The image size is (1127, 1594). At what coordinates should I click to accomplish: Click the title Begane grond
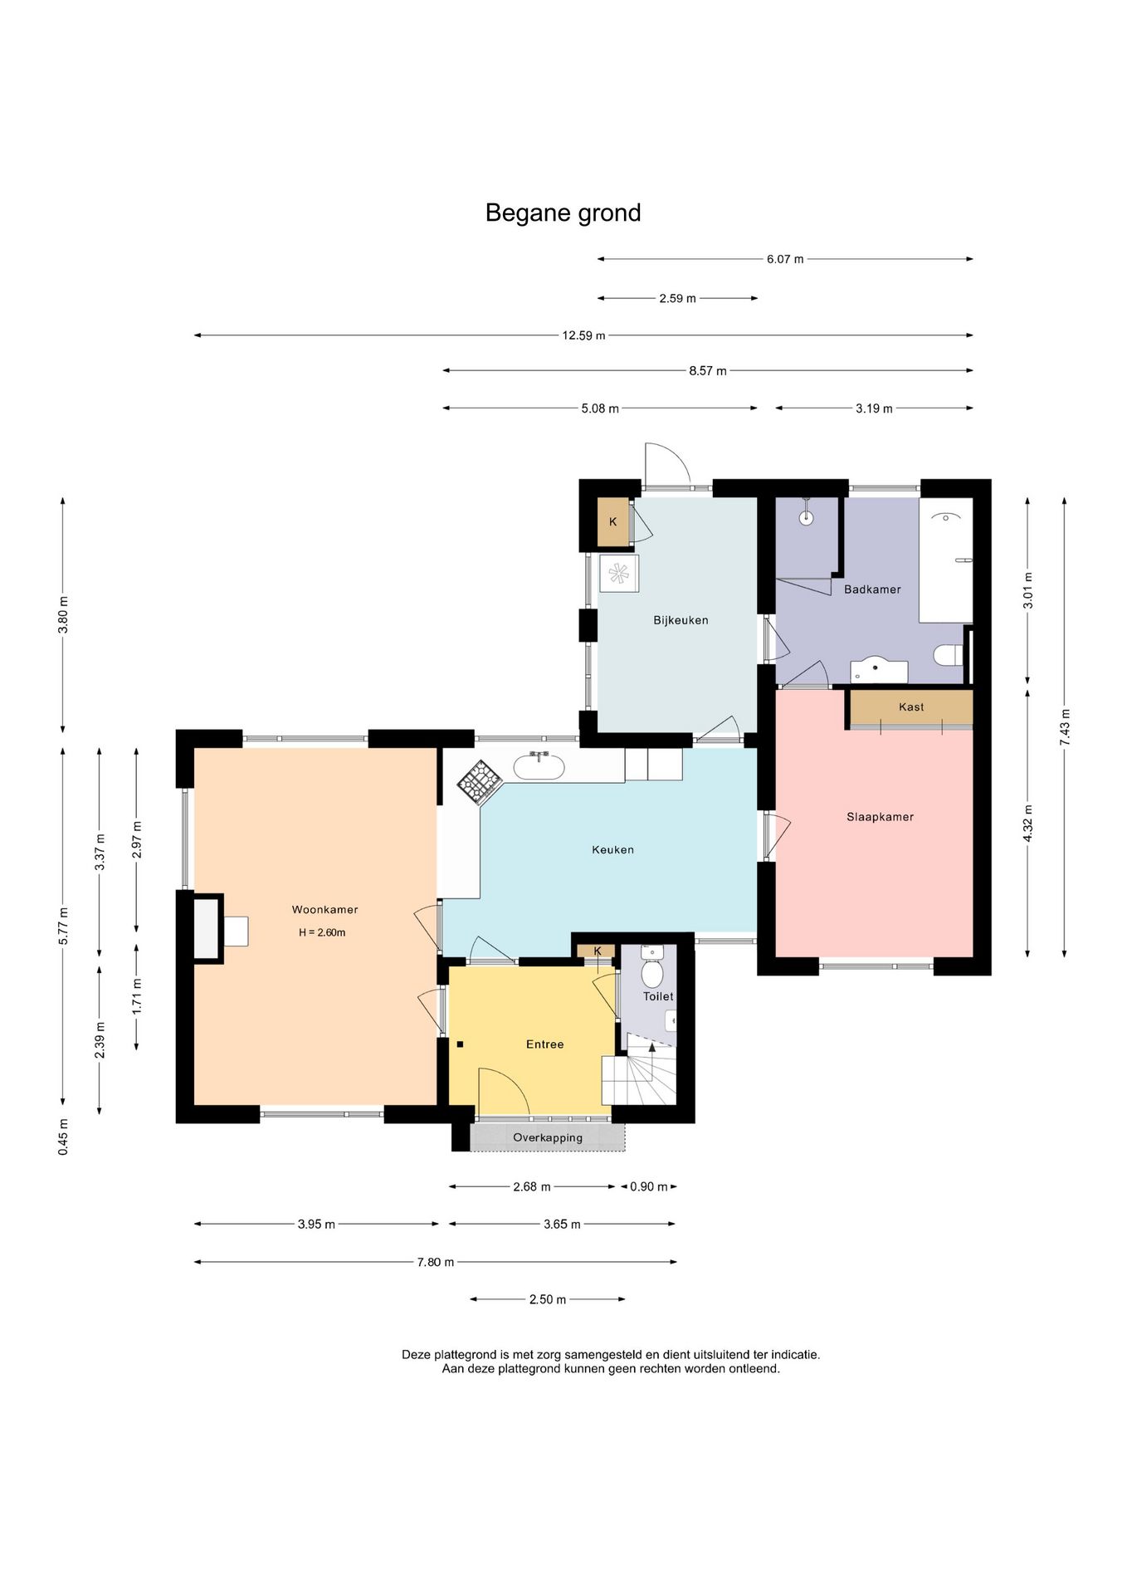pyautogui.click(x=563, y=213)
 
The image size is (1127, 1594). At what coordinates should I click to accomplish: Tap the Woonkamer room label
pyautogui.click(x=324, y=910)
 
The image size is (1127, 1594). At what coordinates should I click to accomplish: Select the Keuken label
pyautogui.click(x=612, y=849)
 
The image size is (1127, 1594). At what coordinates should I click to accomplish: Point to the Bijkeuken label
pyautogui.click(x=681, y=620)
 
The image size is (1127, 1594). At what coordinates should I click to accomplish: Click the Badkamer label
pyautogui.click(x=872, y=589)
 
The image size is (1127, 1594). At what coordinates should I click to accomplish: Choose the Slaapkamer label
pyautogui.click(x=880, y=817)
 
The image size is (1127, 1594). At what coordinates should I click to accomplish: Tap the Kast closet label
pyautogui.click(x=911, y=707)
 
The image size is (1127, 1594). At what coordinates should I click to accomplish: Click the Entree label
pyautogui.click(x=544, y=1044)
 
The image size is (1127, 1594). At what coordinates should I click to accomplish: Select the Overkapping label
pyautogui.click(x=548, y=1138)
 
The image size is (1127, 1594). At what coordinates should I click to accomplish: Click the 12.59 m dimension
pyautogui.click(x=583, y=335)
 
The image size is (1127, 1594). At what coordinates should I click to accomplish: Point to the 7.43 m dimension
pyautogui.click(x=1065, y=727)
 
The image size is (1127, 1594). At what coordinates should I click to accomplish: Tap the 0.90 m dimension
pyautogui.click(x=649, y=1187)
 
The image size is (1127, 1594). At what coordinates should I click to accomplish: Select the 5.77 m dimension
pyautogui.click(x=63, y=927)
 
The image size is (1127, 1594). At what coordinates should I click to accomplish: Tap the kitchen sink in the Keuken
pyautogui.click(x=539, y=765)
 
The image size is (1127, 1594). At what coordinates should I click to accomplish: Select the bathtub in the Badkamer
pyautogui.click(x=945, y=560)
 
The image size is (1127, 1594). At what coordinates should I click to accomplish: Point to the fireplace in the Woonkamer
pyautogui.click(x=209, y=929)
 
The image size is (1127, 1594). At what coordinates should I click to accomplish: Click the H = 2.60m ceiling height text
pyautogui.click(x=322, y=932)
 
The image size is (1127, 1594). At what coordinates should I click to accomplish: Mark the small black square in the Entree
pyautogui.click(x=460, y=1044)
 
